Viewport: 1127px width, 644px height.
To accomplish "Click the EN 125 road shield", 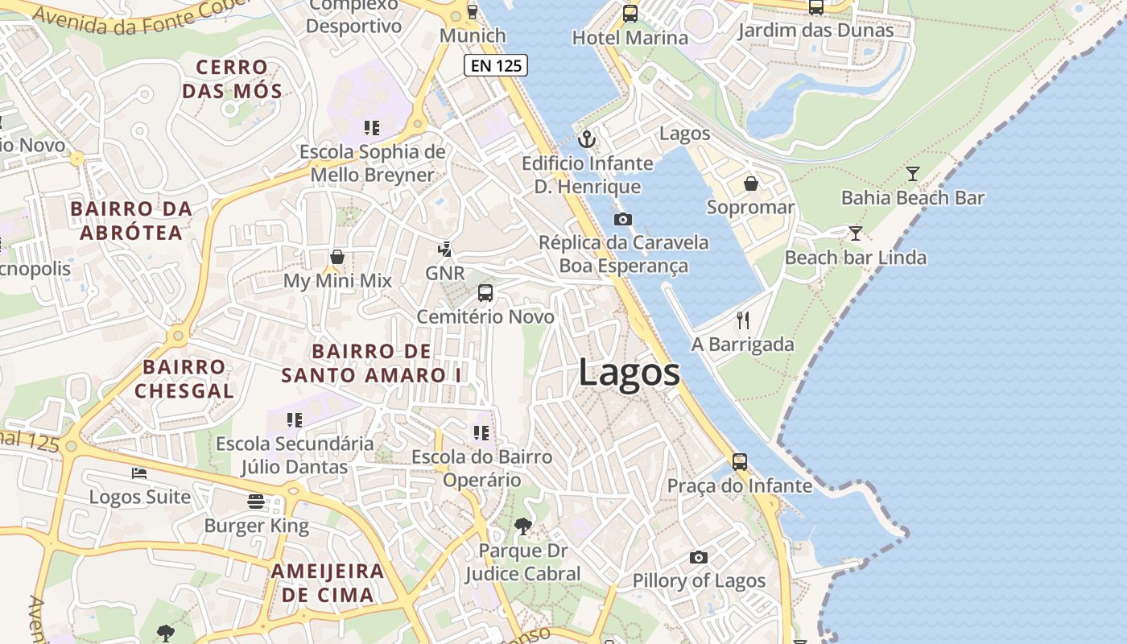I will (496, 66).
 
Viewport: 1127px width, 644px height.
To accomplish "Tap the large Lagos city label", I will (629, 374).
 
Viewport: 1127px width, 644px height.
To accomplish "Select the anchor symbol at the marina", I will (588, 139).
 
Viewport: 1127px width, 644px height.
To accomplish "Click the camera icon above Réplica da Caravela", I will (622, 219).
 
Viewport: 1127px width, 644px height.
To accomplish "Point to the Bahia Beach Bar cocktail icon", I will (913, 174).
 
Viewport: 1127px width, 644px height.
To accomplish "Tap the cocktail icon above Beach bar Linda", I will (856, 233).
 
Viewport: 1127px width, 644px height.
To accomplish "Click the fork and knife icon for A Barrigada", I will (743, 320).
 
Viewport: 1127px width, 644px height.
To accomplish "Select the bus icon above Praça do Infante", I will (740, 462).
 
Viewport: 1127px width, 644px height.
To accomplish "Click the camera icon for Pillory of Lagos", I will (699, 557).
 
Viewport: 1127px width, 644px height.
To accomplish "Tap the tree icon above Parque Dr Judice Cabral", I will (522, 526).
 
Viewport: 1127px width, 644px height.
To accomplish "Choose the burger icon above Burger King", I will (256, 502).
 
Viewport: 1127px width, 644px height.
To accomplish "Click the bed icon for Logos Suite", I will (139, 473).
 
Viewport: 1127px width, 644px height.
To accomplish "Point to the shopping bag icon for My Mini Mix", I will (337, 257).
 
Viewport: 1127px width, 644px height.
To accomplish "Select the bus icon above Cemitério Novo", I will (485, 293).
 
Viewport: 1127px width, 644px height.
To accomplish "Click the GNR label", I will (445, 274).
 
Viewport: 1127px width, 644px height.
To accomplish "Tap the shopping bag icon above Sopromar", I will (751, 184).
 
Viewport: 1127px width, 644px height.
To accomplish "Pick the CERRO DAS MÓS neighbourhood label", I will (232, 79).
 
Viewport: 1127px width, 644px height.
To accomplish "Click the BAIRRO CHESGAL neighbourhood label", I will (184, 379).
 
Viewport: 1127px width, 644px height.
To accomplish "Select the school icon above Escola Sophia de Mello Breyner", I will (371, 127).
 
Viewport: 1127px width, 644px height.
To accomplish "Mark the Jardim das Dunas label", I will (816, 31).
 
